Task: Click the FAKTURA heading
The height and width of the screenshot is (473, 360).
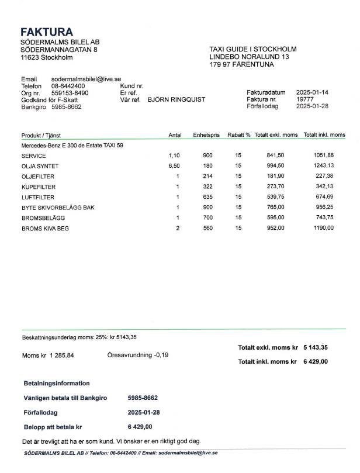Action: click(47, 32)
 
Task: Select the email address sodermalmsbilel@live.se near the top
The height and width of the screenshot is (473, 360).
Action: click(86, 79)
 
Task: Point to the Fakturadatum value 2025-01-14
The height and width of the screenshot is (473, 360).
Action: click(313, 92)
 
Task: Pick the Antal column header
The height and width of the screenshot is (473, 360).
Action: click(175, 135)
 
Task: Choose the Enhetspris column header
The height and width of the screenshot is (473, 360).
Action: click(206, 135)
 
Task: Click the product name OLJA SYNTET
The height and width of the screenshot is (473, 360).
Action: click(40, 166)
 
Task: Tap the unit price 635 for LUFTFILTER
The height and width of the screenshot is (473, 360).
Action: click(208, 198)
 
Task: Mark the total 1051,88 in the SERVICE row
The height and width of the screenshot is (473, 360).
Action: click(323, 156)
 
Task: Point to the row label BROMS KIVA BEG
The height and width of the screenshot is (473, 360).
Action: click(45, 229)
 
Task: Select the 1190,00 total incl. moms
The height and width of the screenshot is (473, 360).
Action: click(323, 229)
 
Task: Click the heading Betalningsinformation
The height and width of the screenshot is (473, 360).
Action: click(57, 384)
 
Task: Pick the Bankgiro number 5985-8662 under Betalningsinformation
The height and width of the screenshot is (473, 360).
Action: click(143, 398)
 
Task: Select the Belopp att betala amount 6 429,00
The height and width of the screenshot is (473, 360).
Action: click(140, 426)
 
